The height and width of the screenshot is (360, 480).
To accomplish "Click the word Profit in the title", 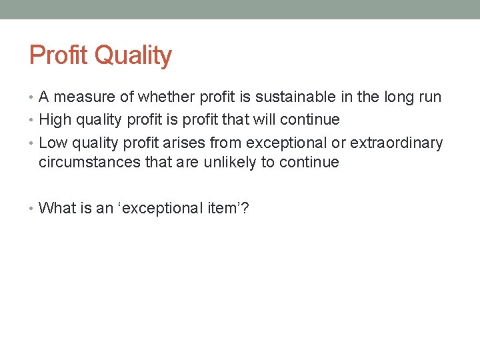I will click(x=59, y=55).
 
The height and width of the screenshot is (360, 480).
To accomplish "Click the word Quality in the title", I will click(x=133, y=57).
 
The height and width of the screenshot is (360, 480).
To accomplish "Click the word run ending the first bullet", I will click(x=429, y=97).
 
